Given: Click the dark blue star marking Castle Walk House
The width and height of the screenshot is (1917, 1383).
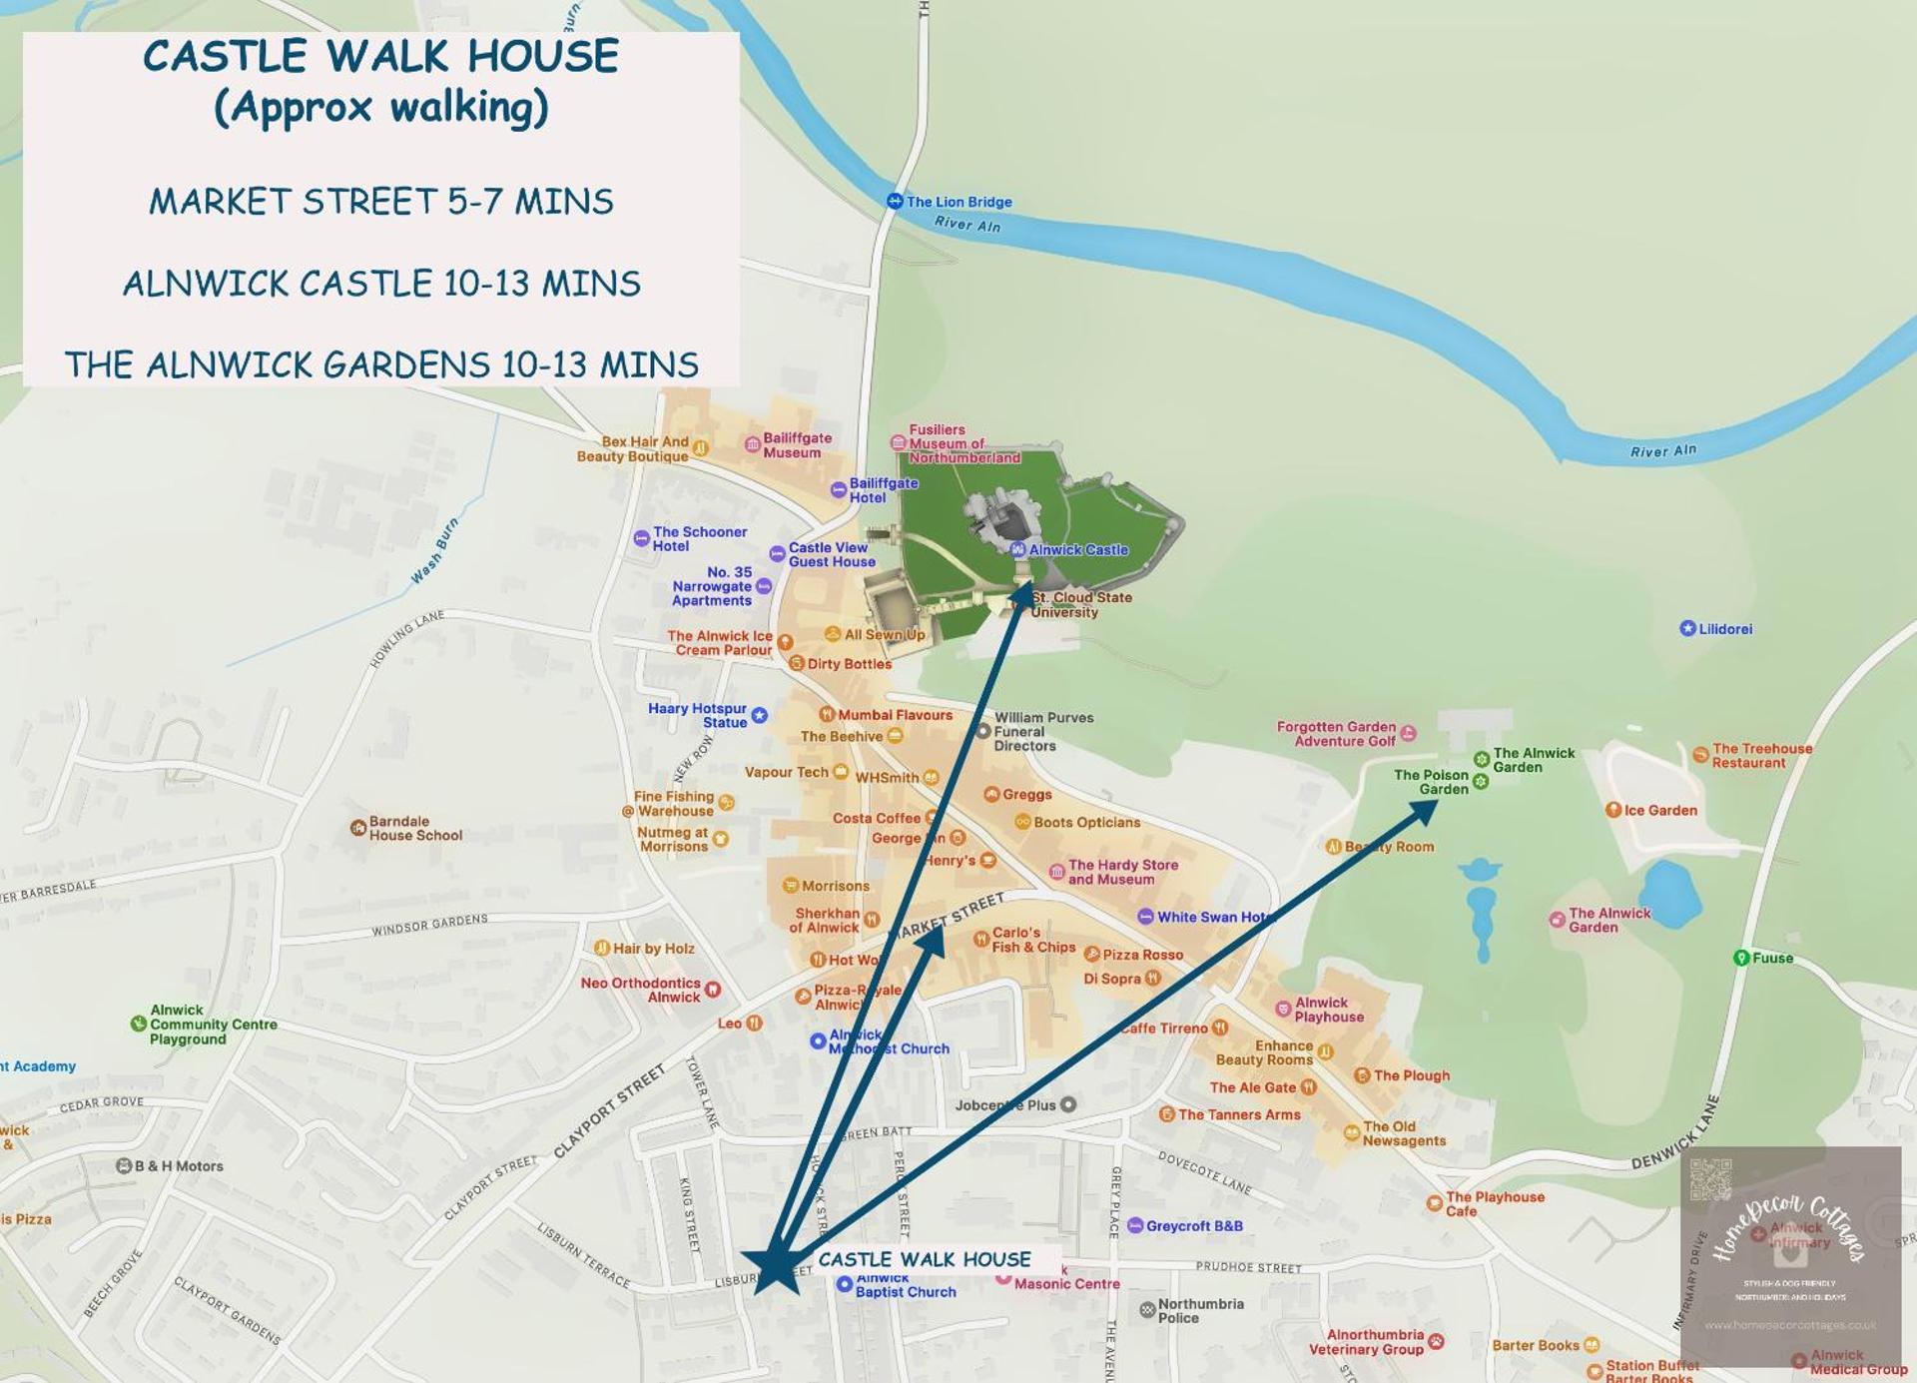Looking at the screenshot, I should click(774, 1266).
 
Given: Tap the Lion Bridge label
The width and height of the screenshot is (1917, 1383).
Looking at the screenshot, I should click(958, 202).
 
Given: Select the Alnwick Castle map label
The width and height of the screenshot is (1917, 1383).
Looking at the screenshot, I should click(1077, 549).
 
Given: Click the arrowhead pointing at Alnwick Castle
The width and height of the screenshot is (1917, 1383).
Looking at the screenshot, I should click(1023, 595).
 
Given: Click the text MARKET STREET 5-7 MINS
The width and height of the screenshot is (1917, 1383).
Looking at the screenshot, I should click(380, 202).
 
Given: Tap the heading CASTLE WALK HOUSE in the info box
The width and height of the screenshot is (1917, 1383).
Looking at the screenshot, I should click(380, 56).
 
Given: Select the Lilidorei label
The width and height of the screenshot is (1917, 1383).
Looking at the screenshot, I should click(1724, 629).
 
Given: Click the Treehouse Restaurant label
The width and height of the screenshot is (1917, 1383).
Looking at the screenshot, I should click(1761, 755).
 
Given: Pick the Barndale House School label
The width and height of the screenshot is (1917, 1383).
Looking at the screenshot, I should click(414, 828).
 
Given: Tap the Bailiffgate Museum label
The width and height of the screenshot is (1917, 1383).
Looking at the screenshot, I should click(796, 445).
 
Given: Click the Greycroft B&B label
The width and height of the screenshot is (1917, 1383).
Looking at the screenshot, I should click(1193, 1226).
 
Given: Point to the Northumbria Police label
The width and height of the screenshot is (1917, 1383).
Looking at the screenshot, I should click(1199, 1310).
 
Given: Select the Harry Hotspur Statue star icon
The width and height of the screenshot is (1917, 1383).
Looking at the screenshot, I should click(760, 715).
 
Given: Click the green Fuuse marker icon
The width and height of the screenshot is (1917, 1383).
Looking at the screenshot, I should click(1741, 958).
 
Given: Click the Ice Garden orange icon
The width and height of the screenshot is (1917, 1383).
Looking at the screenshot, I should click(1612, 810).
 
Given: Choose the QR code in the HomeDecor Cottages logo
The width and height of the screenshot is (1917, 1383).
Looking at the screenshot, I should click(1710, 1179).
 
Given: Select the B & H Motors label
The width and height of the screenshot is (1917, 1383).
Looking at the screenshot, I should click(178, 1165).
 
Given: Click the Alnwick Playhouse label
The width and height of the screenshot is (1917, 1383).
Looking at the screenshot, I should click(1328, 1010).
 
